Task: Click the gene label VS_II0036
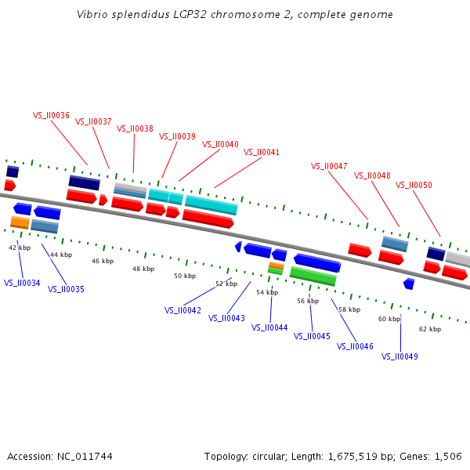click(51, 115)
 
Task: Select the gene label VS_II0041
click(262, 152)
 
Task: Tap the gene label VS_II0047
click(329, 166)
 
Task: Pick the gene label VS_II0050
click(414, 186)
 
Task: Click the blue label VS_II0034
click(22, 283)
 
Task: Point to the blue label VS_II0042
click(183, 310)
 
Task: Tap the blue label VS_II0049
click(399, 356)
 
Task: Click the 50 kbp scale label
click(185, 276)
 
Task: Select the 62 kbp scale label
click(430, 329)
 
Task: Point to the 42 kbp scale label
click(20, 248)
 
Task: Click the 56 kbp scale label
click(308, 301)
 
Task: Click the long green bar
click(313, 277)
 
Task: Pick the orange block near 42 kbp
click(20, 222)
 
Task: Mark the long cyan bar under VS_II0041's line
click(211, 205)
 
